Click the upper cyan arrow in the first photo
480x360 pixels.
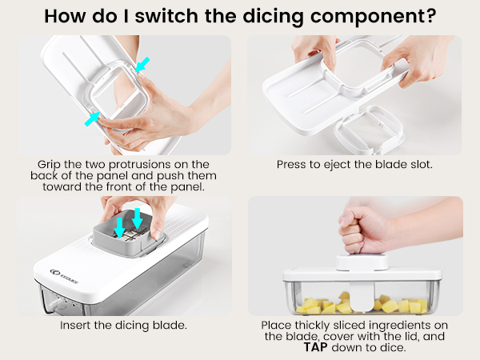[142, 64]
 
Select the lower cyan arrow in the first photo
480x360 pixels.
[92, 118]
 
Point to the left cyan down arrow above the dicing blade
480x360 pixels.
[119, 227]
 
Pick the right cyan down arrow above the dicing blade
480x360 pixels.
[137, 218]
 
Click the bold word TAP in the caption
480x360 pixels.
[315, 347]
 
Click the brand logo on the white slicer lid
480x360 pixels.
[64, 276]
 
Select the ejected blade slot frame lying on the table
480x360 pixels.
[369, 131]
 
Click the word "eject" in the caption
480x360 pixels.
[337, 165]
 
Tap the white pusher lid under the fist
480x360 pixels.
[362, 263]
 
